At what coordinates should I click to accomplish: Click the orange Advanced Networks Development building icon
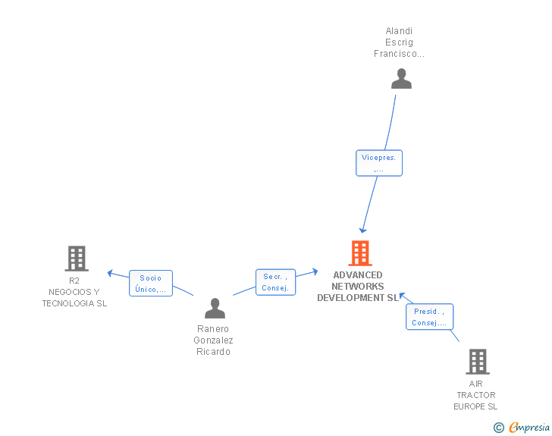pyautogui.click(x=359, y=253)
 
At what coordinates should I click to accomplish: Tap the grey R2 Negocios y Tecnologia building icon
pyautogui.click(x=76, y=259)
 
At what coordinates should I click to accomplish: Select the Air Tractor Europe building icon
pyautogui.click(x=477, y=362)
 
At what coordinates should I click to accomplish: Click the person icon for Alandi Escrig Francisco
pyautogui.click(x=401, y=79)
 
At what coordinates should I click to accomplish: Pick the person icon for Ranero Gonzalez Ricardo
pyautogui.click(x=215, y=308)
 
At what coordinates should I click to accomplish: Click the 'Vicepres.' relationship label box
pyautogui.click(x=379, y=163)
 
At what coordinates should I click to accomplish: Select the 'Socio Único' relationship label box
pyautogui.click(x=151, y=284)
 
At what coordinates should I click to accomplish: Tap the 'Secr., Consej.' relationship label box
pyautogui.click(x=275, y=282)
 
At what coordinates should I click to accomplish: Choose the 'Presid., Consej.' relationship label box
pyautogui.click(x=429, y=317)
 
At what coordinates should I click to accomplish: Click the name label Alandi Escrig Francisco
pyautogui.click(x=399, y=42)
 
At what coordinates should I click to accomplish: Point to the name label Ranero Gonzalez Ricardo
pyautogui.click(x=215, y=340)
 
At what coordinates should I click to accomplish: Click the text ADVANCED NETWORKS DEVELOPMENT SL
pyautogui.click(x=358, y=287)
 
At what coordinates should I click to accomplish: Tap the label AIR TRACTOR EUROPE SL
pyautogui.click(x=476, y=395)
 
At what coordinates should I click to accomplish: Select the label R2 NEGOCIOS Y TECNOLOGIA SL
pyautogui.click(x=74, y=292)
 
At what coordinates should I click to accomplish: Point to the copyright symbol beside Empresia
pyautogui.click(x=498, y=428)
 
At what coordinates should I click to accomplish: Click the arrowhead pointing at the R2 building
pyautogui.click(x=111, y=273)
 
